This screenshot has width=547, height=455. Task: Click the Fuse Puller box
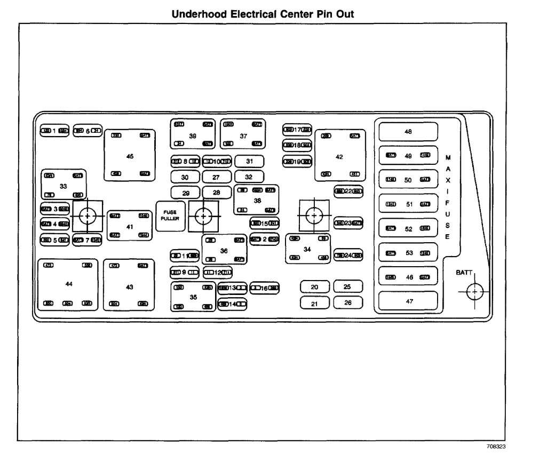(170, 215)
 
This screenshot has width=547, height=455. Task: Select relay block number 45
(130, 155)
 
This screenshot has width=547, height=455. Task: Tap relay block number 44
(68, 285)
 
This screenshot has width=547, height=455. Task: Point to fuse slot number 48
(408, 131)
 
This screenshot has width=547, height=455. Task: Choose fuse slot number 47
(408, 301)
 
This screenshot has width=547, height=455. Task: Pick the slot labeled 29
(185, 192)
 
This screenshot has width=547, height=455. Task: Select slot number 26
(347, 303)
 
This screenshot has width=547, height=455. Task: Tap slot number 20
(314, 288)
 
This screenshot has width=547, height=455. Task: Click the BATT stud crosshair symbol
(474, 292)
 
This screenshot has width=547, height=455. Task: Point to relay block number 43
(129, 286)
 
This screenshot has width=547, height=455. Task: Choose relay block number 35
(193, 297)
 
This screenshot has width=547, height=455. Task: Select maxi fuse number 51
(408, 204)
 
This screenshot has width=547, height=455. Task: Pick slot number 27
(216, 177)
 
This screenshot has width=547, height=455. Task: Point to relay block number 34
(307, 249)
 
